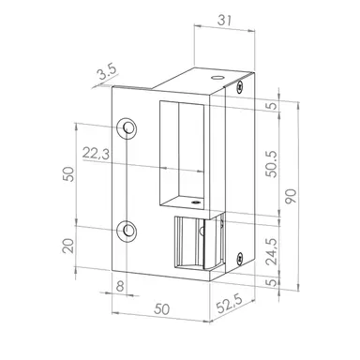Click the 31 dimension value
[x=224, y=21]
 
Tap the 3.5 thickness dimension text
[x=107, y=72]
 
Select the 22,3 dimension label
[x=96, y=154]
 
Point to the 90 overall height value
[x=291, y=196]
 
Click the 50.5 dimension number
[x=271, y=164]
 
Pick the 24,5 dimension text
[x=271, y=251]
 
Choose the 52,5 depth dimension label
[x=230, y=304]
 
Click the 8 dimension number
[x=120, y=286]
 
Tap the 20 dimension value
[x=68, y=246]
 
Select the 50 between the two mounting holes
[x=68, y=174]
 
